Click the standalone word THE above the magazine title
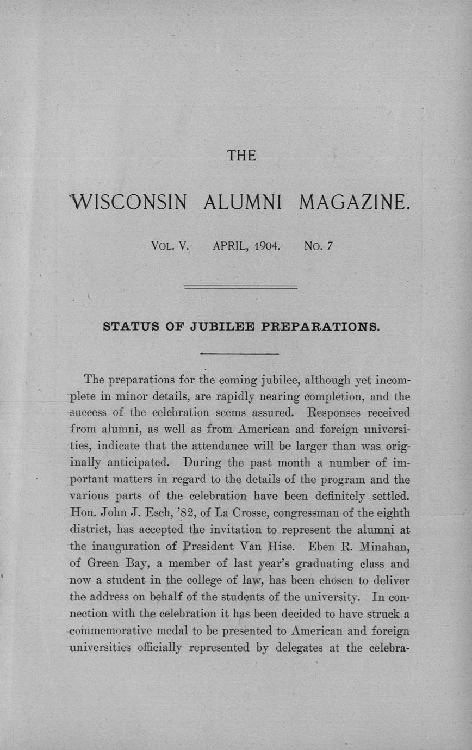241,157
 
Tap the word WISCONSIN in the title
128,203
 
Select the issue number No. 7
319,245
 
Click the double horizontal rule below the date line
241,286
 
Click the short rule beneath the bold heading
240,354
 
